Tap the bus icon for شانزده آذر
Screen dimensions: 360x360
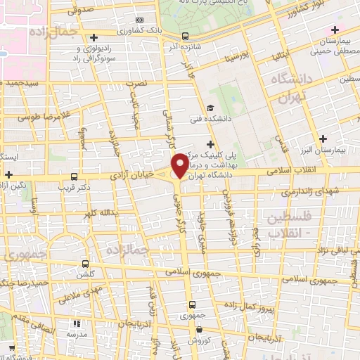tap(185, 36)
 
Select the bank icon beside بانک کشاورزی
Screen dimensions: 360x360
tap(141, 20)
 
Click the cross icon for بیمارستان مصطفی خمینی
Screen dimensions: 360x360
tap(334, 30)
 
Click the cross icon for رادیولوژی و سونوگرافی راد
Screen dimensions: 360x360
tap(94, 37)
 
